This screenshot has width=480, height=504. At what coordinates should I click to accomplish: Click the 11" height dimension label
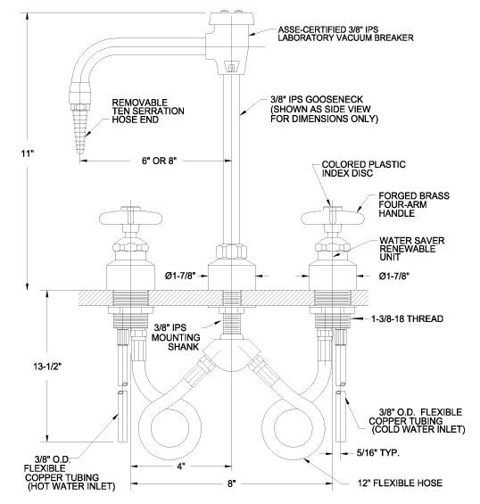[x=28, y=153]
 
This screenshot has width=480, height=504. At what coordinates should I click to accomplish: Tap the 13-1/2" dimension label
[x=47, y=367]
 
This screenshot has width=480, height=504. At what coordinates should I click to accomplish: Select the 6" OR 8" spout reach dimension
[x=160, y=161]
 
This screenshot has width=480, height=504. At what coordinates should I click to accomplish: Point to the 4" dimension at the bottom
[x=181, y=466]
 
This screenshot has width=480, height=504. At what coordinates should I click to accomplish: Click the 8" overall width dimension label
[x=232, y=483]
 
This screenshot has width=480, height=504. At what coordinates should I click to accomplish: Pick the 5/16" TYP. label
[x=377, y=453]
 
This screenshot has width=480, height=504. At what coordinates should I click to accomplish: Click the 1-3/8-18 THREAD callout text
[x=408, y=318]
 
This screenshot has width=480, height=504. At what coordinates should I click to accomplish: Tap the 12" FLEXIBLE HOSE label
[x=400, y=483]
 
